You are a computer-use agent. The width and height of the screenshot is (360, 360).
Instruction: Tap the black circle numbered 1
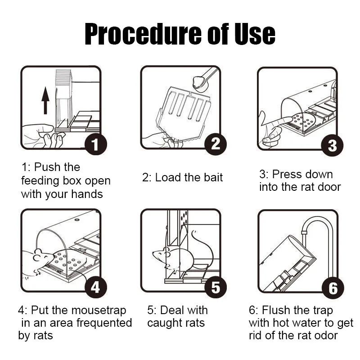coord(96,144)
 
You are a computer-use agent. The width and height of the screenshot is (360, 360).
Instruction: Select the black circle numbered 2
coord(216,144)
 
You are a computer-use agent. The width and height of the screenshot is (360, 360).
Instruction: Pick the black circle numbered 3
coord(332,145)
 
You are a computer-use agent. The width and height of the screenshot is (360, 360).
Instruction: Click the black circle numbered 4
coord(96,287)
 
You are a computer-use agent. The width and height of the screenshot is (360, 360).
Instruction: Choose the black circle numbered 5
coord(216,287)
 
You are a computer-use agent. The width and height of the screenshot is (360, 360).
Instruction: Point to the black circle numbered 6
coord(333,288)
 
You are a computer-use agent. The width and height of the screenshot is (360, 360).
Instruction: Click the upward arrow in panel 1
coord(45,100)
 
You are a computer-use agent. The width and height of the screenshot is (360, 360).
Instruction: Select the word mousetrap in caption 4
coord(99,310)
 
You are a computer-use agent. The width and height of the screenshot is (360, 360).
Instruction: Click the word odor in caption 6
coord(326,336)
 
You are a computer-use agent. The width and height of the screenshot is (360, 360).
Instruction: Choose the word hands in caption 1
coord(87,194)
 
